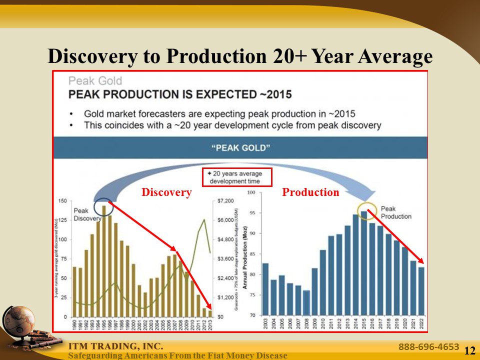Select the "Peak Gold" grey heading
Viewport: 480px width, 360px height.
coord(95,80)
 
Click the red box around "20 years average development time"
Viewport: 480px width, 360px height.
coord(236,177)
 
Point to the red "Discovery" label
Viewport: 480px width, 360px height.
coord(166,192)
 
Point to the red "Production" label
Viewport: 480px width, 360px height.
coord(310,192)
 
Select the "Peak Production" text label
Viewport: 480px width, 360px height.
coord(396,212)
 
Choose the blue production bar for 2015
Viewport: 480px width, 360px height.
coord(364,265)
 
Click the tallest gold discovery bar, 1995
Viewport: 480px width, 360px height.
coord(104,260)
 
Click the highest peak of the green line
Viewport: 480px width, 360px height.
coord(204,219)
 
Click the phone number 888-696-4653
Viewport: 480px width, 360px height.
coord(428,346)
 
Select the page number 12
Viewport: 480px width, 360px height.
coord(469,351)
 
